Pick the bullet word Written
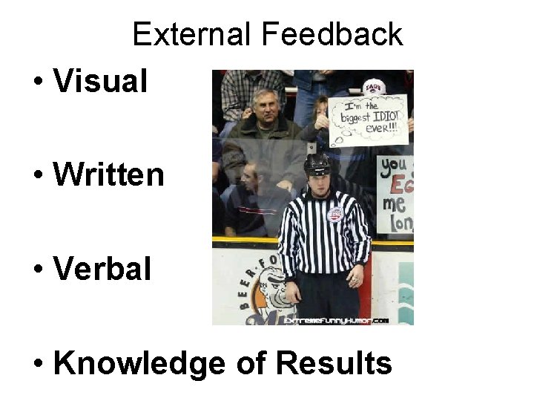tap(108, 175)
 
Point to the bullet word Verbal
tap(102, 269)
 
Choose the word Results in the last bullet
tap(333, 364)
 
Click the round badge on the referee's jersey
tap(334, 215)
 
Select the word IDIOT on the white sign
tap(383, 117)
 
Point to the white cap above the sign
tap(374, 86)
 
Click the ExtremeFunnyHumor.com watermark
tap(346, 321)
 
